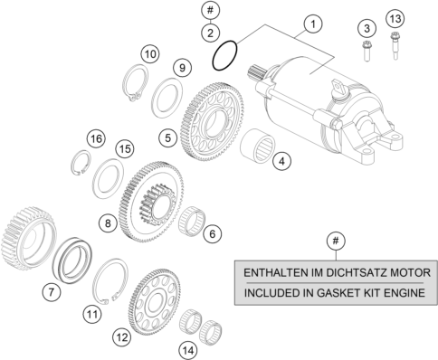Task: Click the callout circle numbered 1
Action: [x=313, y=24]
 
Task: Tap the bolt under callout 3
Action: [x=367, y=52]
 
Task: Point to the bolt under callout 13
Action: [x=395, y=46]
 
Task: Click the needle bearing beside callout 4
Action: [x=257, y=146]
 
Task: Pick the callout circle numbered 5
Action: [x=167, y=138]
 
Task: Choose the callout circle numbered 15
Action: [x=125, y=149]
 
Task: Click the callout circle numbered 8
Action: [x=108, y=223]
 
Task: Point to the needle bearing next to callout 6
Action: [x=192, y=222]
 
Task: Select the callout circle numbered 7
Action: [x=52, y=291]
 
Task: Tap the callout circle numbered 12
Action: [x=122, y=337]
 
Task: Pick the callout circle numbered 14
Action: [x=188, y=351]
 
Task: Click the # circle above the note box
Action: [x=336, y=241]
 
